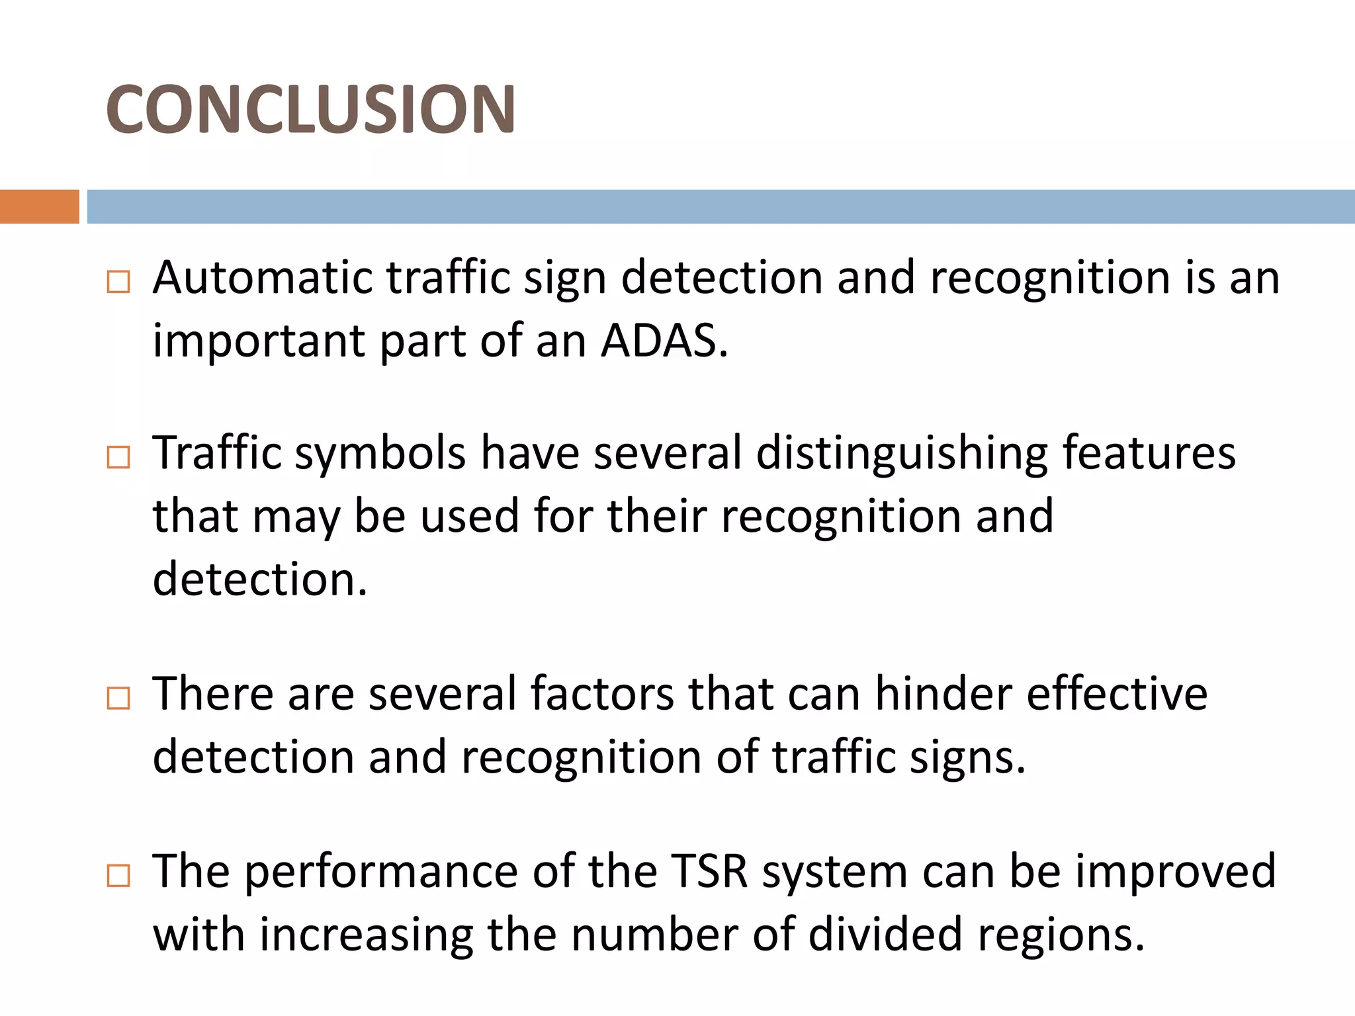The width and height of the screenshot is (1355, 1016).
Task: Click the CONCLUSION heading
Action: pyautogui.click(x=310, y=109)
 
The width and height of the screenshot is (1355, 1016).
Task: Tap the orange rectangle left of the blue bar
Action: pyautogui.click(x=39, y=206)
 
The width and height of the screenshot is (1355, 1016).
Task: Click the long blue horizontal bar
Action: pyautogui.click(x=721, y=206)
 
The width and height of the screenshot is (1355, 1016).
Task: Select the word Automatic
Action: pyautogui.click(x=262, y=277)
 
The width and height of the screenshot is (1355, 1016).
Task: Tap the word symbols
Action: pyautogui.click(x=380, y=454)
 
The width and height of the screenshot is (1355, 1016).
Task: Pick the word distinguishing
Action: pyautogui.click(x=902, y=454)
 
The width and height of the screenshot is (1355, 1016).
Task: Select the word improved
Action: pyautogui.click(x=1176, y=872)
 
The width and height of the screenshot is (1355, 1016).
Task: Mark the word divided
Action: pyautogui.click(x=885, y=934)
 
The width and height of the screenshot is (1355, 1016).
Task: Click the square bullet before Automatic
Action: pyautogui.click(x=118, y=282)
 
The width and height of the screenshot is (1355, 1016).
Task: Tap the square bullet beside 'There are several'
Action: pyautogui.click(x=118, y=698)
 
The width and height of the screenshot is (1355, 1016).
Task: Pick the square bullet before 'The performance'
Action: pyautogui.click(x=118, y=876)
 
